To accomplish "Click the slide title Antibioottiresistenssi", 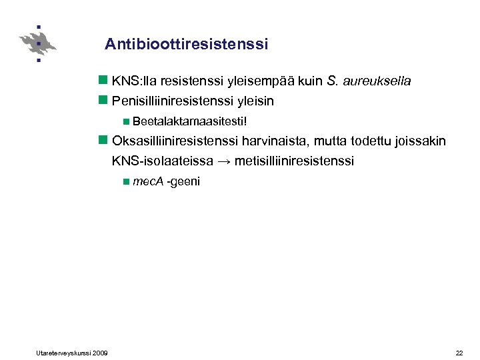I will pyautogui.click(x=186, y=45).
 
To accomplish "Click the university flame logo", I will pyautogui.click(x=38, y=44).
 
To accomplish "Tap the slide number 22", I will pyautogui.click(x=459, y=352).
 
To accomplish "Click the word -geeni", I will pyautogui.click(x=183, y=181).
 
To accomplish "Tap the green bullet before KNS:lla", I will pyautogui.click(x=103, y=81).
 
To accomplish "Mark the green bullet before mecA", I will pyautogui.click(x=126, y=181).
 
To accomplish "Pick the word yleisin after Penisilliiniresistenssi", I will pyautogui.click(x=257, y=101).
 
